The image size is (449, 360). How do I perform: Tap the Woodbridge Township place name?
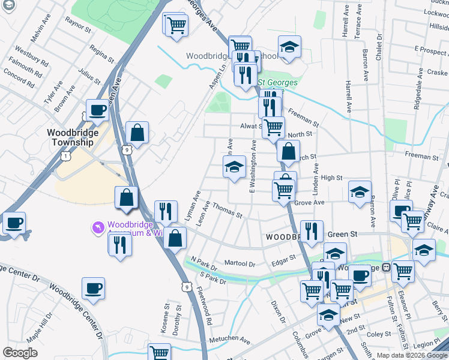point(71,137)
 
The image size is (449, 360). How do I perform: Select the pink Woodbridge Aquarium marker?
point(97,228)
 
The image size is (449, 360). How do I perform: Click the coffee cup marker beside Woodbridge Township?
point(97,110)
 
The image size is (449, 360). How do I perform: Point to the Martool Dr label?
point(240,263)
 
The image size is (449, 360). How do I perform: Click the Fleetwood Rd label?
point(204,308)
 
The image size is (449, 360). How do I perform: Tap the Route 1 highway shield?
point(65,155)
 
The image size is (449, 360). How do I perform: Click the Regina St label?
point(100,53)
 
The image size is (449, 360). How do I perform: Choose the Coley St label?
point(379,335)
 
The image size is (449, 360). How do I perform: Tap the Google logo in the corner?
point(20,353)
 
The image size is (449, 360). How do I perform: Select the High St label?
point(331,178)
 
